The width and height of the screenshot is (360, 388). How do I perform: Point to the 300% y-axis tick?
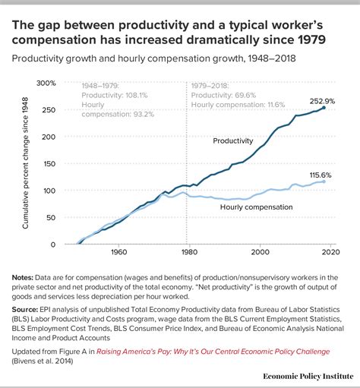46,83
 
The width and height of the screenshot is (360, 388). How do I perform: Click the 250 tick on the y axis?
49,110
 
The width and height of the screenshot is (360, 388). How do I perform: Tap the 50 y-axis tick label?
51,218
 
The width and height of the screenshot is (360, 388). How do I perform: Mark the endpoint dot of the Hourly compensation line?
324,181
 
